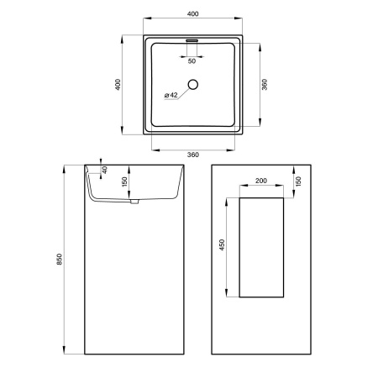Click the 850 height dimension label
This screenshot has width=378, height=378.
pyautogui.click(x=60, y=260)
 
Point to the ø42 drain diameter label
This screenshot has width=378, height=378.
pyautogui.click(x=171, y=95)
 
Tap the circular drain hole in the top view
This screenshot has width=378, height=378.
pyautogui.click(x=193, y=84)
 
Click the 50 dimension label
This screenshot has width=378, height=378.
pyautogui.click(x=192, y=61)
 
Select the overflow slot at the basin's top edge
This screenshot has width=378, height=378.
pyautogui.click(x=192, y=40)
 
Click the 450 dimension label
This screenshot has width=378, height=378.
pyautogui.click(x=222, y=244)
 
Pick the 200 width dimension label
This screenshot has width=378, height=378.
pyautogui.click(x=261, y=181)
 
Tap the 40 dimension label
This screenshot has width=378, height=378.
pyautogui.click(x=104, y=170)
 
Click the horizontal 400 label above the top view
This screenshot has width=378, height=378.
pyautogui.click(x=193, y=13)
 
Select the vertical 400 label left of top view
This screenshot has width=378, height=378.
pyautogui.click(x=118, y=85)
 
